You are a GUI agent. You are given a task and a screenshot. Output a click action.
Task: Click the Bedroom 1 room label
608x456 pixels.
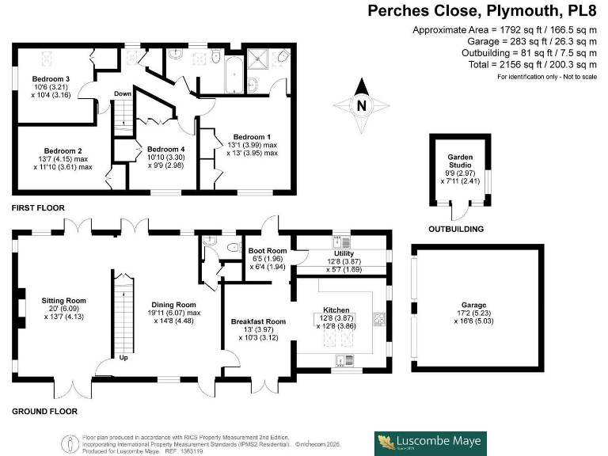(x=253, y=137)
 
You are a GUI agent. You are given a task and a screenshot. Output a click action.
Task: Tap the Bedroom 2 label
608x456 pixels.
(x=63, y=150)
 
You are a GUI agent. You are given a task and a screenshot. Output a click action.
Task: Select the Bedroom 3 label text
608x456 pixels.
(x=51, y=79)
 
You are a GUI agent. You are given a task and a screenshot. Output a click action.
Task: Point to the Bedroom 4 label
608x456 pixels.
(x=165, y=149)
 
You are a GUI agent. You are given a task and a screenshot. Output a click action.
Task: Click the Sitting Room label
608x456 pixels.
(x=63, y=301)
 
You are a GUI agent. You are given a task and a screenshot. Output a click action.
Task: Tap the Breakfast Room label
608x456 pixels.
(x=257, y=321)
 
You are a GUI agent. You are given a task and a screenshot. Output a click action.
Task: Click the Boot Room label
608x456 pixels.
(x=267, y=251)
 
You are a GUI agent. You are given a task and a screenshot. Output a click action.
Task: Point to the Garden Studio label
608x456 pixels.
(x=460, y=157)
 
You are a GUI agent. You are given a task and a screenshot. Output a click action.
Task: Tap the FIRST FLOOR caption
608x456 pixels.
(x=38, y=207)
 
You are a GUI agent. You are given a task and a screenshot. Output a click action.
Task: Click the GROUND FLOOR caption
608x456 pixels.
(x=44, y=412)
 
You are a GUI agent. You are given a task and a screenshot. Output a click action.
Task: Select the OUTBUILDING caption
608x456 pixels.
(x=455, y=230)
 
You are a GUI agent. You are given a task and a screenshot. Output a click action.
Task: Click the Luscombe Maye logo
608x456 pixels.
(x=430, y=443)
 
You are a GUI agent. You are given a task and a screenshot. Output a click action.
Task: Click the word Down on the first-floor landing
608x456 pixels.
(x=123, y=93)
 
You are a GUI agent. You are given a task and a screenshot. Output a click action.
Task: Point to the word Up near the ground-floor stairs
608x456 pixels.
(x=123, y=357)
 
